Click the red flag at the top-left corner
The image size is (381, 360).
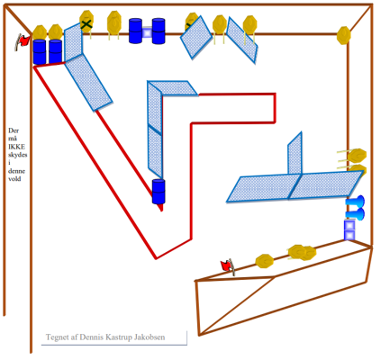(x=23, y=41)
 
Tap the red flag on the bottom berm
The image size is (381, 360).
(x=228, y=266)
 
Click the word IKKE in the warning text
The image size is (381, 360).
(x=17, y=147)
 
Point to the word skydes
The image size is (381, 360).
(x=18, y=155)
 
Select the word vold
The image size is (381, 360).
(x=14, y=178)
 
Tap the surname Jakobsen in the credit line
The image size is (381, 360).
(x=150, y=337)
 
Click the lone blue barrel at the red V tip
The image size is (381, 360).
(x=159, y=192)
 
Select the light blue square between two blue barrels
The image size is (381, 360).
(x=147, y=32)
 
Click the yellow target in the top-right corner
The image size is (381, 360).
(x=343, y=35)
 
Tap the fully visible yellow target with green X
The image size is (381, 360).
(x=86, y=22)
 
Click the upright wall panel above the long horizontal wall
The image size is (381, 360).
(x=295, y=153)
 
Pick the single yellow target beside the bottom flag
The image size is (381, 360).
(x=265, y=261)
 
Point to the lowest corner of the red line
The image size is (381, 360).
(x=156, y=258)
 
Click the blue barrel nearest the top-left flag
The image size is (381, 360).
(x=40, y=51)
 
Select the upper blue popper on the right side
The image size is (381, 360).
(x=356, y=202)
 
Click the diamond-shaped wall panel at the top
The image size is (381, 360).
(x=196, y=37)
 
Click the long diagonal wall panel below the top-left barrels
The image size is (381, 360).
(x=88, y=83)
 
